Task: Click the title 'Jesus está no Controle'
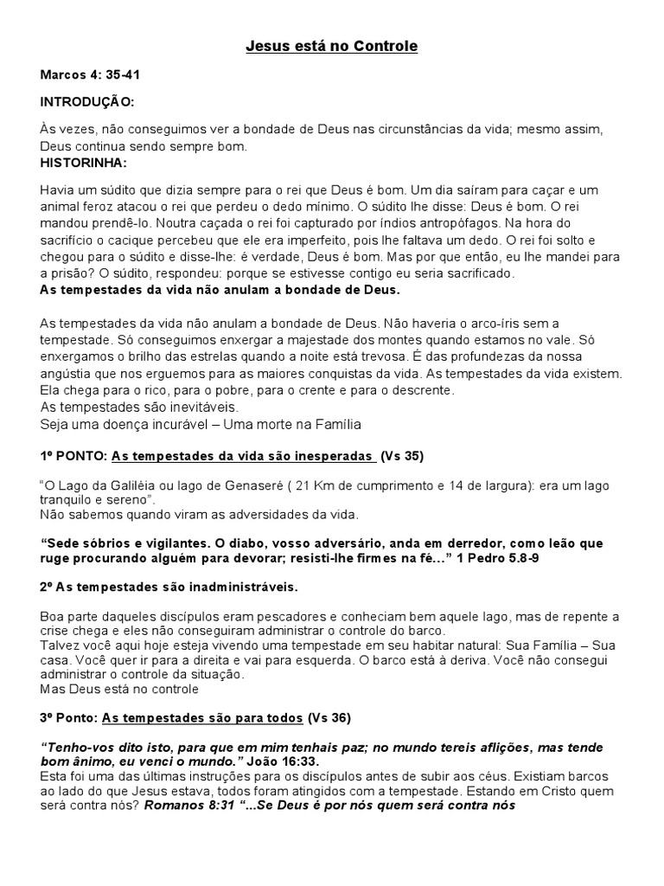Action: click(x=332, y=46)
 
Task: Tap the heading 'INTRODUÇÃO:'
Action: click(x=87, y=102)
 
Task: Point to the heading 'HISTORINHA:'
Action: click(x=84, y=162)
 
